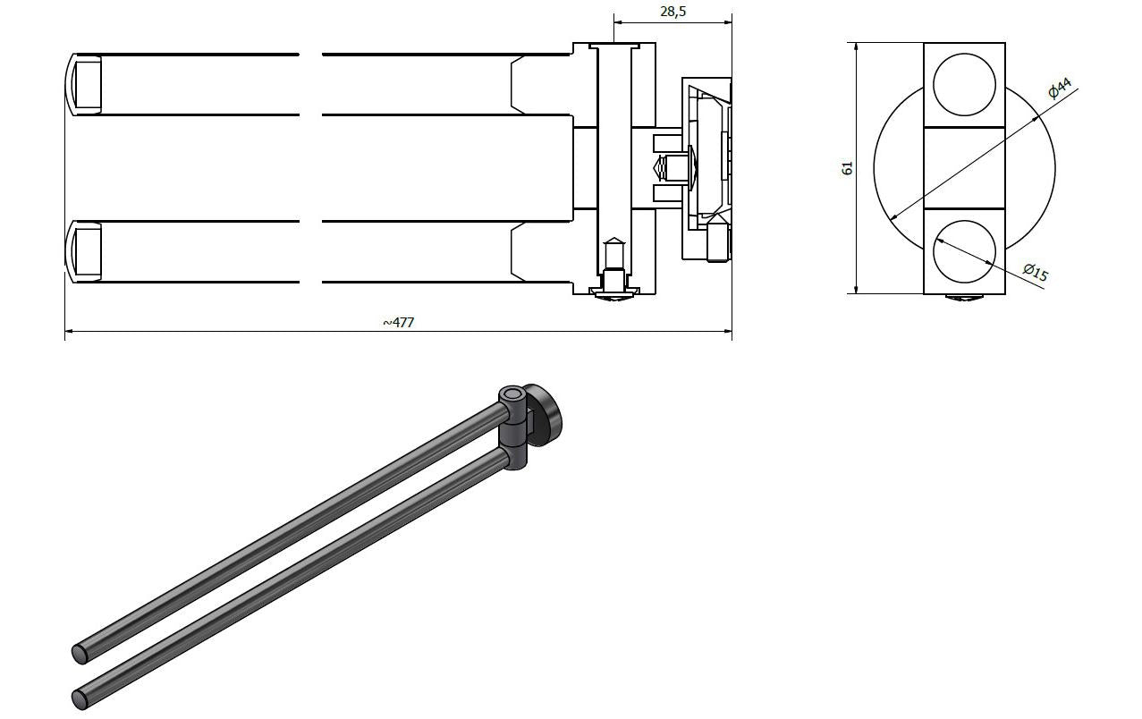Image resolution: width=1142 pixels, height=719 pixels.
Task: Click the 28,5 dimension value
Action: click(673, 12)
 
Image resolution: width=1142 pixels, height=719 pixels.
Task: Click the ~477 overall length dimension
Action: click(398, 322)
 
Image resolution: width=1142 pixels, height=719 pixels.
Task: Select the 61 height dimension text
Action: click(847, 168)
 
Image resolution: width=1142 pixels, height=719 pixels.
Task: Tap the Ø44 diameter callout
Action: click(1061, 88)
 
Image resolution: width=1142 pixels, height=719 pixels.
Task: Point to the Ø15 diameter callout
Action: click(1035, 272)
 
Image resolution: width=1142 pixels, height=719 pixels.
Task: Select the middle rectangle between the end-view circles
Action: click(965, 168)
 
